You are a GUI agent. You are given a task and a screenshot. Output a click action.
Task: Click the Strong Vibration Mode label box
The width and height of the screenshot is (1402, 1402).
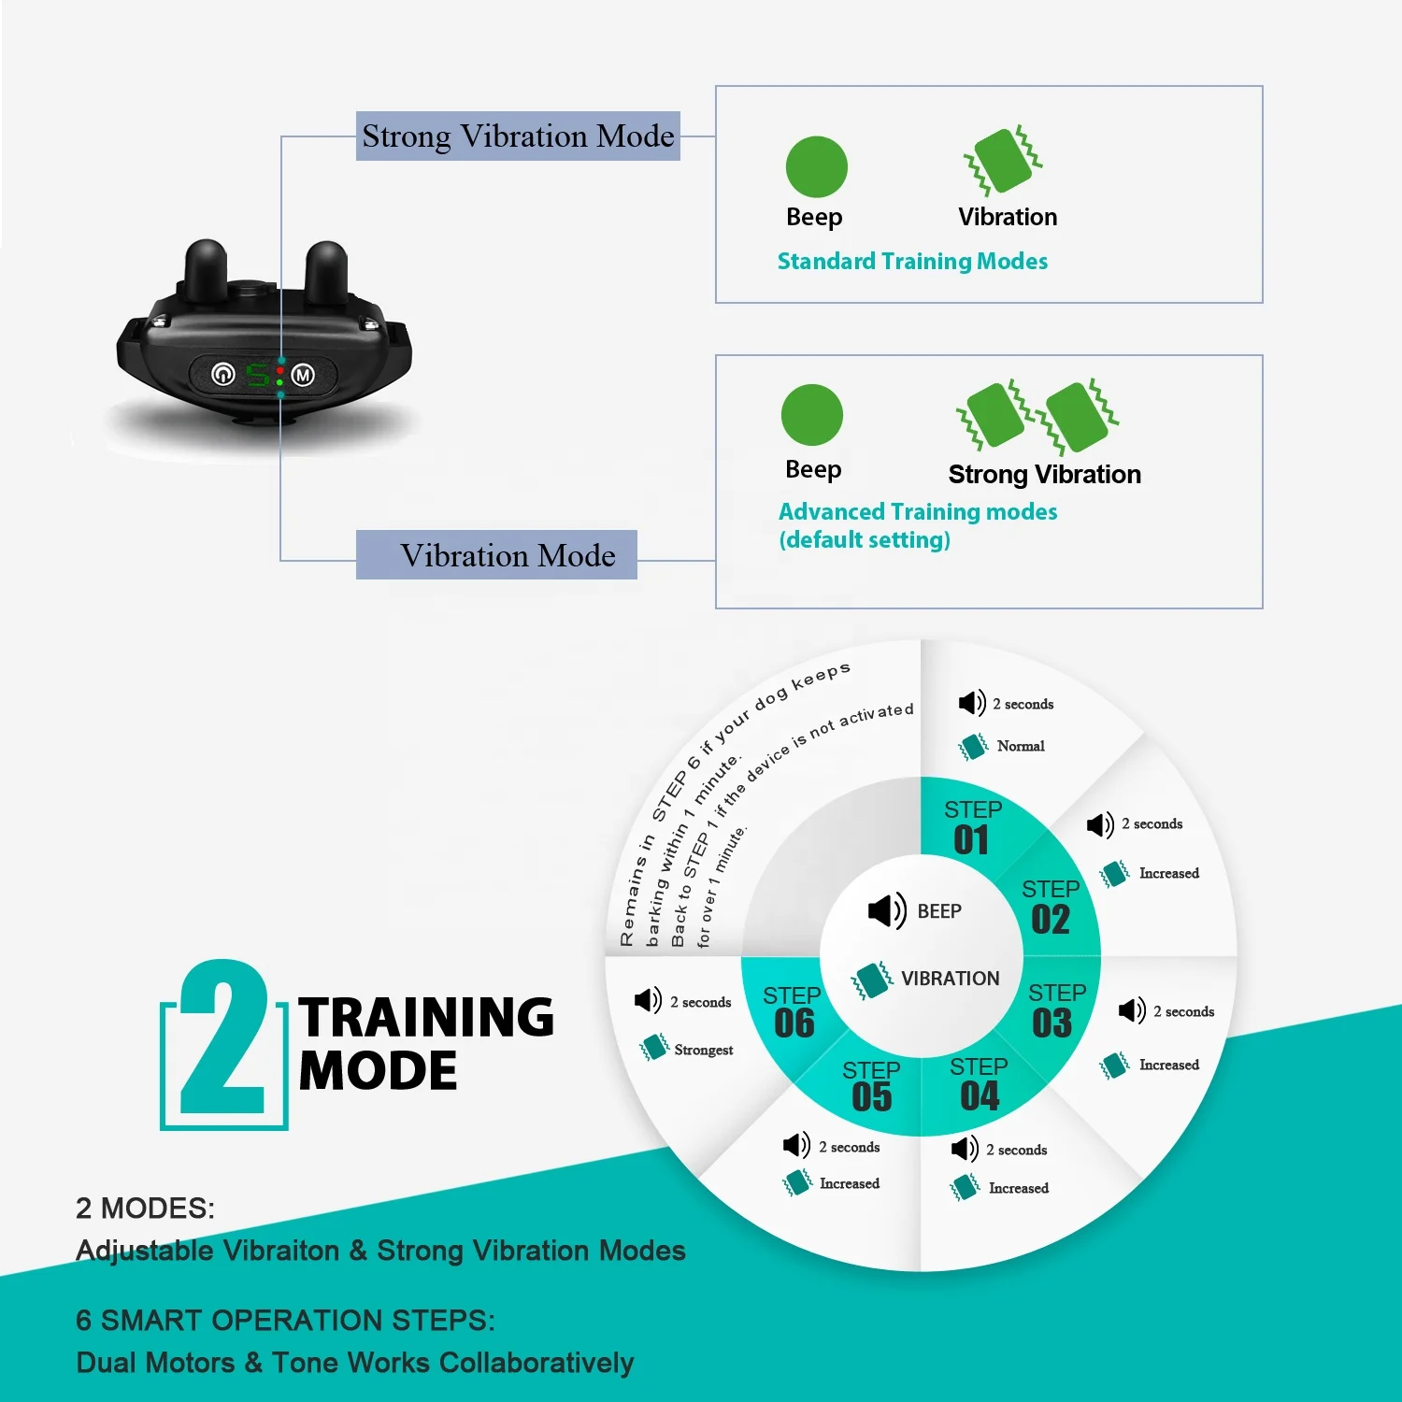tap(518, 136)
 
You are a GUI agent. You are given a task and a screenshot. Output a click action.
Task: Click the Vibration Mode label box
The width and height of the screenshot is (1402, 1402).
tap(496, 555)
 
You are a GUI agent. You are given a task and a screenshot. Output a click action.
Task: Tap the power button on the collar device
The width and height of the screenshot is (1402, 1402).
tap(222, 374)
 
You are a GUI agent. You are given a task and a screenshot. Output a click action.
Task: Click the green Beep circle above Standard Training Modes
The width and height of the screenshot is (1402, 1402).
tap(816, 167)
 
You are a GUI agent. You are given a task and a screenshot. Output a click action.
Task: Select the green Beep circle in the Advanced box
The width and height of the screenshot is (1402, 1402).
tap(811, 415)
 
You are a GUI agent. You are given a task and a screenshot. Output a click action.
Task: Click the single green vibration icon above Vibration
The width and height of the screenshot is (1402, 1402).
tap(1003, 161)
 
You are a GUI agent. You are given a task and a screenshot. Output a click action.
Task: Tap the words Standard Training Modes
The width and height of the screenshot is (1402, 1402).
tap(912, 262)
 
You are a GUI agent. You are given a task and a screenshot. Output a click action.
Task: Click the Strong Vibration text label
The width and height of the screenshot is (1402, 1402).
tap(1044, 475)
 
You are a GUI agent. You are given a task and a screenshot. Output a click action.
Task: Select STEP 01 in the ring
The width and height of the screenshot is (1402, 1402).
tap(972, 828)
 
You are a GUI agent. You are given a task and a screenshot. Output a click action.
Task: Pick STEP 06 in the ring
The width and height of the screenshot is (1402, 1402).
tap(793, 1013)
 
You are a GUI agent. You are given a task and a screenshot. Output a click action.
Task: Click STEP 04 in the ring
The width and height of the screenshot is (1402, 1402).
tap(979, 1085)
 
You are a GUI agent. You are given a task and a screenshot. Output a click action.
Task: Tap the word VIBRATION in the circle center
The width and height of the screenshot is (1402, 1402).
tap(950, 979)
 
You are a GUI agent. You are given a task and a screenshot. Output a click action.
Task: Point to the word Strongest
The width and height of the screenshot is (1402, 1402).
tap(703, 1051)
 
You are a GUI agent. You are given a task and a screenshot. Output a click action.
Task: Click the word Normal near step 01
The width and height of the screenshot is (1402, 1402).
tap(1020, 746)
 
